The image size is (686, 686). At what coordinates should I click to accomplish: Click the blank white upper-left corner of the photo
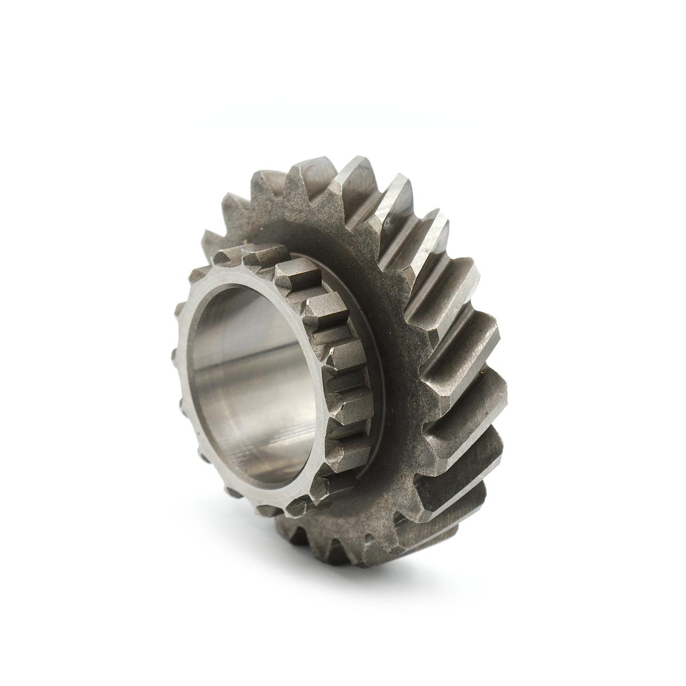34,34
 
